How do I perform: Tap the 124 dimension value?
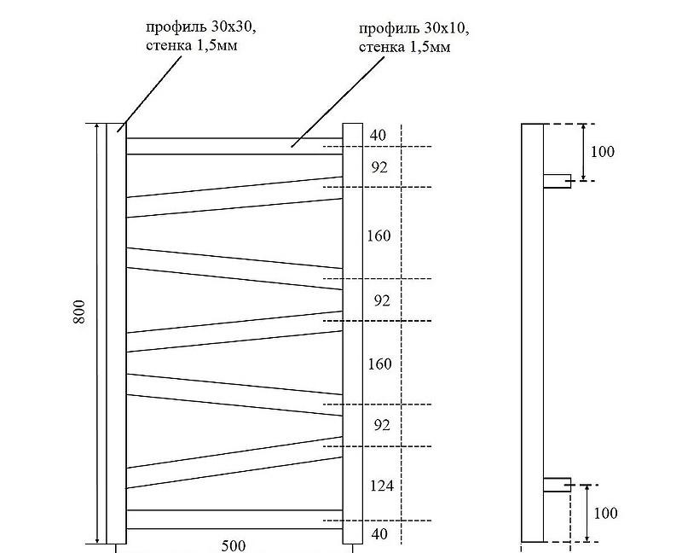pos(379,486)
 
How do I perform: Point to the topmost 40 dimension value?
pos(379,135)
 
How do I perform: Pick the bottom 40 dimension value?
pos(379,534)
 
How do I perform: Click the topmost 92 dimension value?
pos(379,167)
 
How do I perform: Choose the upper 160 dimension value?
pos(379,236)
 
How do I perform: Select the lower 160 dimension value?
pos(379,364)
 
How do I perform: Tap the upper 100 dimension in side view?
pos(603,152)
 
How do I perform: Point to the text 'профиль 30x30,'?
pos(200,27)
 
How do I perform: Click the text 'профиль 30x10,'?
pos(413,29)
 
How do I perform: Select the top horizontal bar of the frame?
pos(234,146)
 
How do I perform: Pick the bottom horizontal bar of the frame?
pos(234,518)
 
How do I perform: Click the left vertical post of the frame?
pos(116,333)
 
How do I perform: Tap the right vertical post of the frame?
pos(353,333)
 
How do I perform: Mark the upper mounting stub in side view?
pos(558,180)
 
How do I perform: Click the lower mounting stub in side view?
pos(558,485)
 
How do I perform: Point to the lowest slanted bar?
pos(234,467)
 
